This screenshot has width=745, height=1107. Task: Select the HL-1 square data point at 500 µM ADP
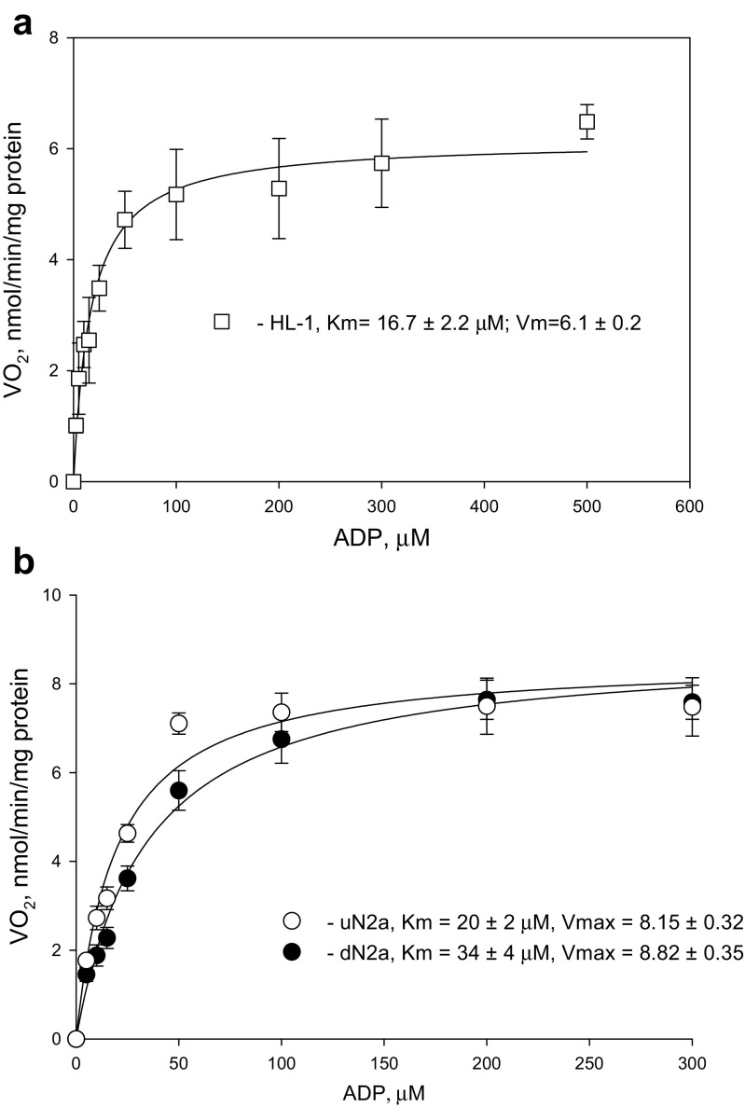click(x=586, y=121)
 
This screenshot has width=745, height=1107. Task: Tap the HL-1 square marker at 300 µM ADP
click(x=381, y=162)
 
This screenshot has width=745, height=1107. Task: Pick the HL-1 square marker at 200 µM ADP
click(x=279, y=188)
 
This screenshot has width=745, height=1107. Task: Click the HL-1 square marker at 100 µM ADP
click(x=176, y=194)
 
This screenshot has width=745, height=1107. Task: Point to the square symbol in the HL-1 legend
click(x=221, y=321)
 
